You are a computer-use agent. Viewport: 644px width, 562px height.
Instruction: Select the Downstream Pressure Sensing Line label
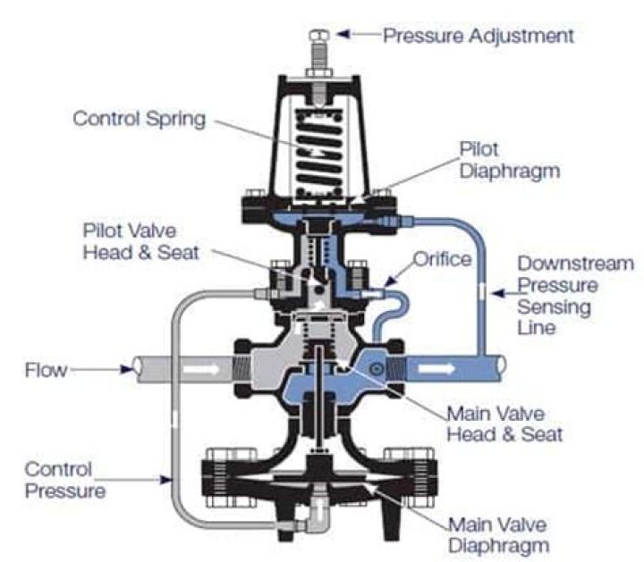574,296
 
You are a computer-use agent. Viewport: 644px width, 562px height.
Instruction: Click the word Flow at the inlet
43,367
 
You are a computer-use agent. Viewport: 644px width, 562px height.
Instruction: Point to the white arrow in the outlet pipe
438,367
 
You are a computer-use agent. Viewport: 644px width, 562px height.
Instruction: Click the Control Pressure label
63,480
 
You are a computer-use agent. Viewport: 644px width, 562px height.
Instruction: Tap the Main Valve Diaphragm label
499,533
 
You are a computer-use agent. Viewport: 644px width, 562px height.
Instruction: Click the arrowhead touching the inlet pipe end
123,367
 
